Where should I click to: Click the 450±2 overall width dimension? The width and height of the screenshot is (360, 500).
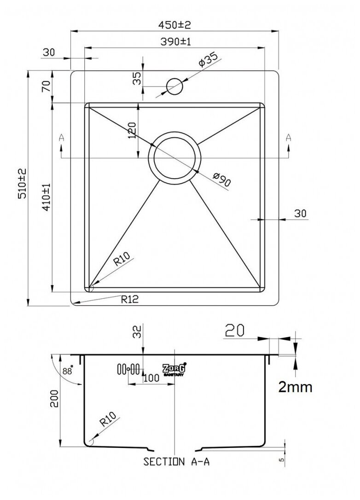pos(175,24)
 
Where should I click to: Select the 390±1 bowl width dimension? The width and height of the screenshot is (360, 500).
pos(175,41)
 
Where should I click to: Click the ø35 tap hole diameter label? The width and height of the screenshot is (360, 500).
pos(208,61)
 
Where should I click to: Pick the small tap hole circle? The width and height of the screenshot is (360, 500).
pos(174,86)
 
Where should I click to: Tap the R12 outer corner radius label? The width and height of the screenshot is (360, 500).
pos(130,299)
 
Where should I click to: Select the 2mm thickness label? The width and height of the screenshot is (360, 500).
pos(295,387)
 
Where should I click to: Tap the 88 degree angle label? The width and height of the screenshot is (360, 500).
pos(68,371)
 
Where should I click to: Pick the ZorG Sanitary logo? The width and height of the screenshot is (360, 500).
pos(174,369)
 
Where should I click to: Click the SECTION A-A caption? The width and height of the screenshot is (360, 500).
pos(176,462)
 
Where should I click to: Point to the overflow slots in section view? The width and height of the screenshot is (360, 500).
pos(128,369)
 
